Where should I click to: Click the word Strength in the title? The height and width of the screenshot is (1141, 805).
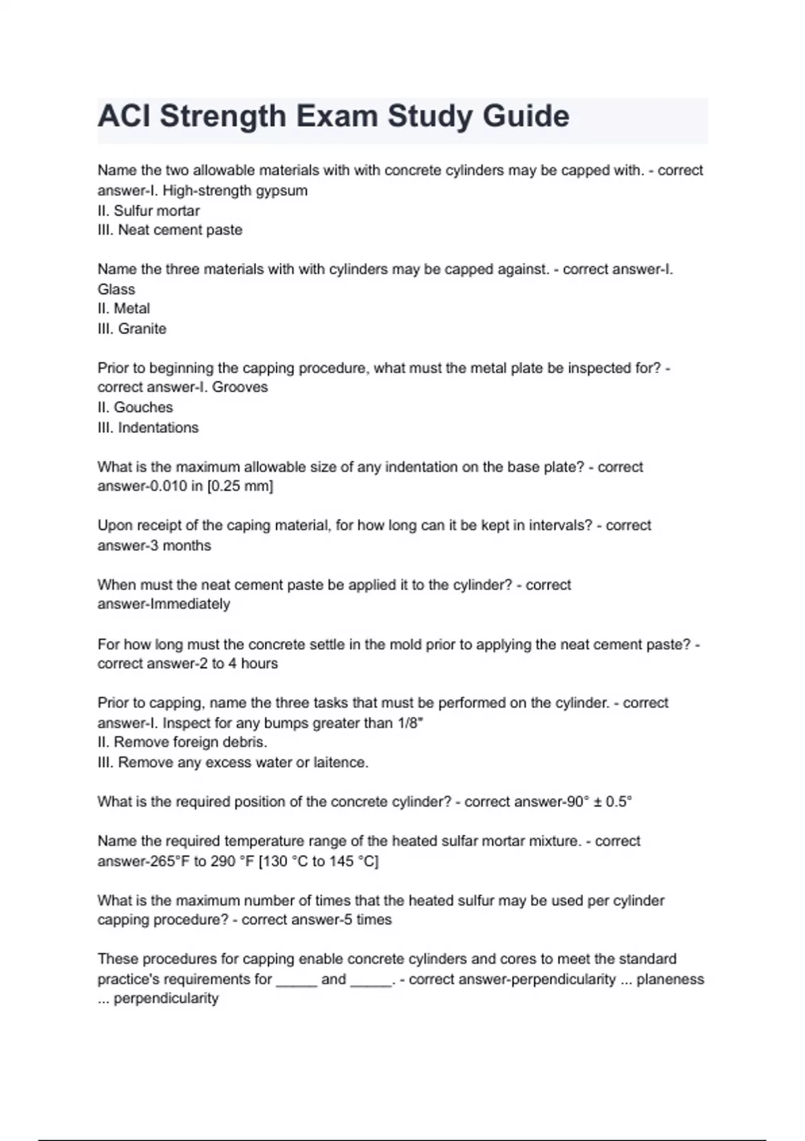pyautogui.click(x=223, y=117)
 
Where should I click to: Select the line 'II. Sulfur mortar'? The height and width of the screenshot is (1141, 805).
pyautogui.click(x=148, y=211)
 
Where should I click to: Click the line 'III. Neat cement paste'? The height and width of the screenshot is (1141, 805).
pyautogui.click(x=170, y=230)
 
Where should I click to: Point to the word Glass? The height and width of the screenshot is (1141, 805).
pyautogui.click(x=116, y=289)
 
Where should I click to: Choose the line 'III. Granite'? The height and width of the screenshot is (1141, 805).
pyautogui.click(x=131, y=329)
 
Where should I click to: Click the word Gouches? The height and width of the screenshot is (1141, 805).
pyautogui.click(x=143, y=407)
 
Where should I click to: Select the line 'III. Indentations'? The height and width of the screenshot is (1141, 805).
pyautogui.click(x=148, y=428)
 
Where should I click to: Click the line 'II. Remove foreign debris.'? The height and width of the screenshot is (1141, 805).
pyautogui.click(x=182, y=742)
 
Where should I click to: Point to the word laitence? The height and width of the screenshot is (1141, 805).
pyautogui.click(x=341, y=762)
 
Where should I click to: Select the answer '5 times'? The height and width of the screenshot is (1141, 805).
pyautogui.click(x=367, y=920)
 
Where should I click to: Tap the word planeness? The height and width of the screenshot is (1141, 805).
pyautogui.click(x=670, y=979)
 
